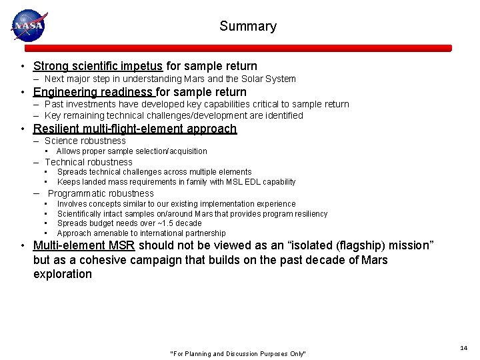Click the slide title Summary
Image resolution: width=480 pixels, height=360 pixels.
click(x=247, y=27)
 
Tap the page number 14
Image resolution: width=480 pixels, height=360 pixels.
click(x=463, y=348)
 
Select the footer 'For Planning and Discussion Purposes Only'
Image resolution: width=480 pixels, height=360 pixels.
click(x=239, y=353)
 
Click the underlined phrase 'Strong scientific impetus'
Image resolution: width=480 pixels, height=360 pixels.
click(x=98, y=66)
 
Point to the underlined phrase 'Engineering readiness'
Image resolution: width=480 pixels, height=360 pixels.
click(x=93, y=92)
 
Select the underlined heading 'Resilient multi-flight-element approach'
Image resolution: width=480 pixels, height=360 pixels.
click(x=135, y=129)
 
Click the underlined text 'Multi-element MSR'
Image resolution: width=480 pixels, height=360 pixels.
click(x=84, y=245)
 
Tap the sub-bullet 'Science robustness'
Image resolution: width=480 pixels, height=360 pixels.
click(x=85, y=141)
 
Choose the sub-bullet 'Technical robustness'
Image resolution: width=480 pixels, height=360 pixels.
click(x=88, y=162)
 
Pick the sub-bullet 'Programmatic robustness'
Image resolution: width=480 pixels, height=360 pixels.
click(x=101, y=193)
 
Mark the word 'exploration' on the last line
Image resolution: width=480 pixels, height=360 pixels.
click(x=63, y=274)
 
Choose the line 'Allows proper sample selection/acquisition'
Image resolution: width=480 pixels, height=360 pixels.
click(x=132, y=151)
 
